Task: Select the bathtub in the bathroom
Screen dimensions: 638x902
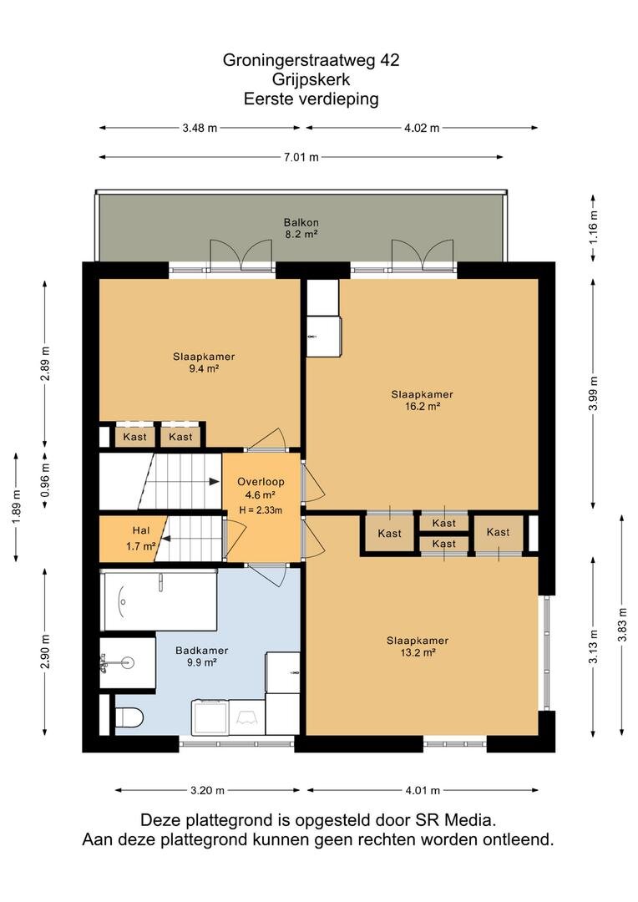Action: pyautogui.click(x=159, y=600)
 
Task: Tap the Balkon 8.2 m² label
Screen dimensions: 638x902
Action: pyautogui.click(x=301, y=228)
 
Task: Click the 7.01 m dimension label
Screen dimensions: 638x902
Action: pyautogui.click(x=301, y=157)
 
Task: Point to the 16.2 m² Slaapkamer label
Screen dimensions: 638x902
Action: pyautogui.click(x=423, y=400)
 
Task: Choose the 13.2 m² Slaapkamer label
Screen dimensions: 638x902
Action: pyautogui.click(x=418, y=646)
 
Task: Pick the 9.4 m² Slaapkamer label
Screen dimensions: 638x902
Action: pyautogui.click(x=204, y=362)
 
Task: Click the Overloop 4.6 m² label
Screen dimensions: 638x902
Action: pyautogui.click(x=261, y=488)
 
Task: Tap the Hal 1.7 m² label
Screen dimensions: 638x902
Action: pyautogui.click(x=141, y=539)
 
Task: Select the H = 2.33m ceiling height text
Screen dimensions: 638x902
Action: pyautogui.click(x=261, y=509)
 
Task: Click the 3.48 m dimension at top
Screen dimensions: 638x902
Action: pyautogui.click(x=200, y=129)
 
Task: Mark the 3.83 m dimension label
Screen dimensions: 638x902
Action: pyautogui.click(x=622, y=624)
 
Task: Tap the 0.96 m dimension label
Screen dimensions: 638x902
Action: pyautogui.click(x=46, y=479)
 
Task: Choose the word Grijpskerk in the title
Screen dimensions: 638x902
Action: pyautogui.click(x=311, y=79)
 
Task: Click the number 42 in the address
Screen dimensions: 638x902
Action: pyautogui.click(x=389, y=60)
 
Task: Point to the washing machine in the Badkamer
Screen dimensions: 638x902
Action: pyautogui.click(x=210, y=717)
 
